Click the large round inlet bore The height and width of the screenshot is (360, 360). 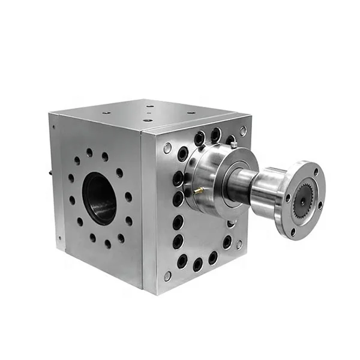[x=100, y=198]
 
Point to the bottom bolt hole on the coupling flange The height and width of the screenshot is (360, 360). [x=294, y=231]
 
